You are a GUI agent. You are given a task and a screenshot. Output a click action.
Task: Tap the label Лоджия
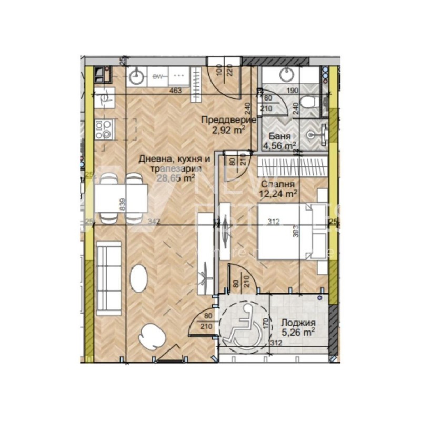298,323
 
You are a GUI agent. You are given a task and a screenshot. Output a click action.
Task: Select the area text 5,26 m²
298,332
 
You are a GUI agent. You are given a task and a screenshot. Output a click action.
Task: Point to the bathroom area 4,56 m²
280,145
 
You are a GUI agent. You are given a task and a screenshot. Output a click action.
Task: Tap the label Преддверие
228,119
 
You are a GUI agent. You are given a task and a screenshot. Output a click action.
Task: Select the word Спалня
277,184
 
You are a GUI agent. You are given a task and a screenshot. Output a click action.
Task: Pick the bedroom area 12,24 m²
278,193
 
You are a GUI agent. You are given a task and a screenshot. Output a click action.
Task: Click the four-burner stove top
103,129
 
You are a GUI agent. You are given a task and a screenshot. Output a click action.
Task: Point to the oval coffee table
139,277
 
